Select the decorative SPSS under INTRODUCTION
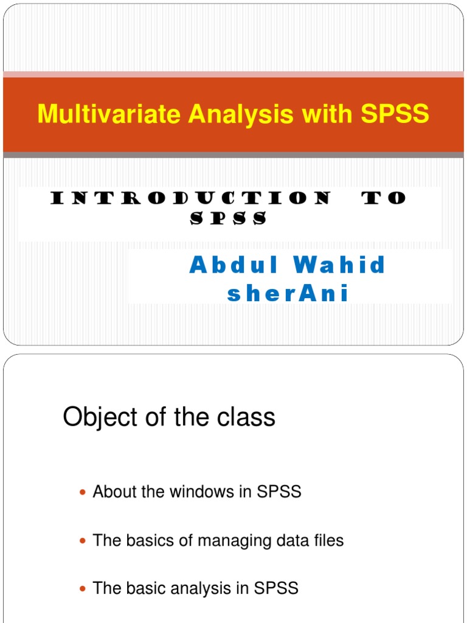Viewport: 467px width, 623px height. [229, 219]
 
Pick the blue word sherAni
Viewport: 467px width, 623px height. [288, 294]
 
